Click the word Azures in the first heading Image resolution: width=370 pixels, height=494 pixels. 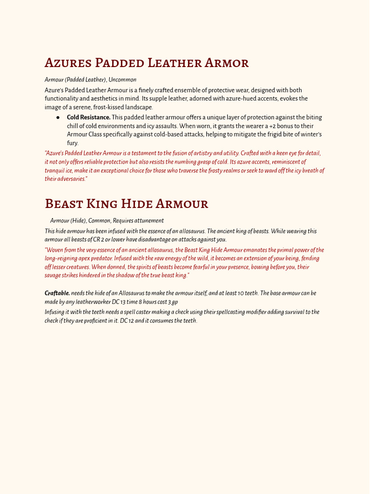tap(68, 63)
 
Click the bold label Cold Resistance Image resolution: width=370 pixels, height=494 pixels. tap(89, 117)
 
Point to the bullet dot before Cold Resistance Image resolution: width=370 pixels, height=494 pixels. tap(58, 117)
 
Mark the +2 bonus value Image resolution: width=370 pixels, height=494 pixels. tap(274, 126)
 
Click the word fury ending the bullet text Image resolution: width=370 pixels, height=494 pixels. tap(72, 143)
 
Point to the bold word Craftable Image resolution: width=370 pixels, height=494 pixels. tap(57, 293)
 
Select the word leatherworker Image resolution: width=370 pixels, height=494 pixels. tap(84, 302)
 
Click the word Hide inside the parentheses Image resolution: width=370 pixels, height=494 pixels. tap(79, 220)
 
